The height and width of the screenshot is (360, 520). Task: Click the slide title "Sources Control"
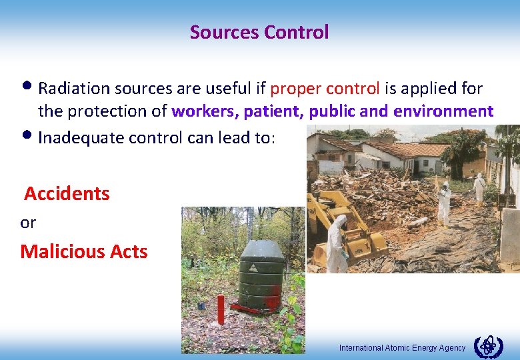[x=259, y=32]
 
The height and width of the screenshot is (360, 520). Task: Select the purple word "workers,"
[x=205, y=111]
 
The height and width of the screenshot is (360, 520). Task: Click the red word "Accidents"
[x=67, y=194]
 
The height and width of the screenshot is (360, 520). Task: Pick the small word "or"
[x=28, y=223]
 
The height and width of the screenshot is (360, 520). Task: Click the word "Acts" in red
[x=127, y=251]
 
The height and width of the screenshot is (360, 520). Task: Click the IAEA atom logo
[x=488, y=347]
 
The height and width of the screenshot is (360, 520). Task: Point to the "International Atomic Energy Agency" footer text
[x=402, y=348]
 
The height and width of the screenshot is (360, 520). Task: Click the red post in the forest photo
[x=221, y=309]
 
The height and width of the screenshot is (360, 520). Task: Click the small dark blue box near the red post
[x=201, y=305]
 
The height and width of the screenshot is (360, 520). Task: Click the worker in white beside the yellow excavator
[x=336, y=243]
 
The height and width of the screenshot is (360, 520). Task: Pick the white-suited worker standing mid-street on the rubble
[x=443, y=203]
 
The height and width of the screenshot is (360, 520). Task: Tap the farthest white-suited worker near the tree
[x=479, y=187]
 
